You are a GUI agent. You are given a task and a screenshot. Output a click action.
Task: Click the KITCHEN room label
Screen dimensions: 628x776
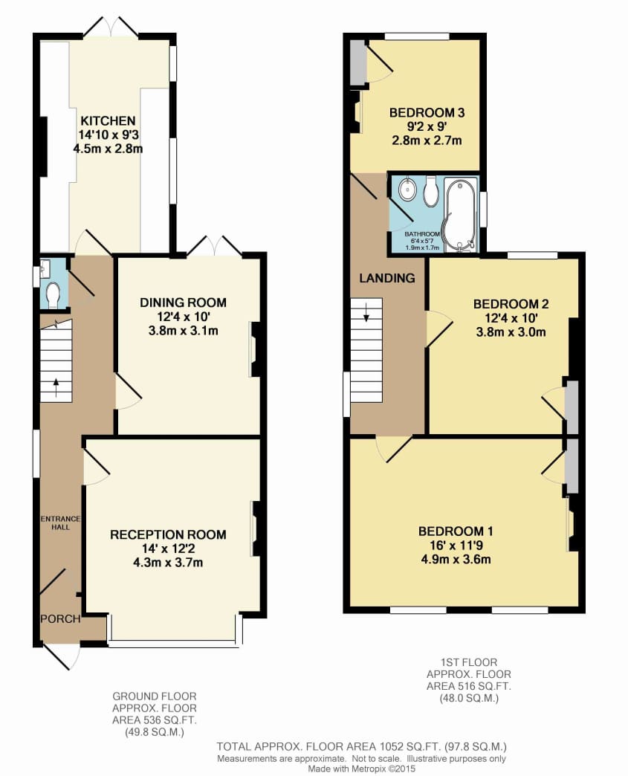click(108, 120)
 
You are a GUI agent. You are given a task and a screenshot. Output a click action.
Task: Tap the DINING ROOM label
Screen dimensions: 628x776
click(183, 303)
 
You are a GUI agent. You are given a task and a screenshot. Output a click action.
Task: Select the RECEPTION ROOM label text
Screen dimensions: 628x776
click(168, 534)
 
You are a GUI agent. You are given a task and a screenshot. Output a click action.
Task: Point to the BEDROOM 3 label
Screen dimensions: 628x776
click(427, 113)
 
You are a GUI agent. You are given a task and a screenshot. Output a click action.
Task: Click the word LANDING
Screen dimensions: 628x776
click(387, 278)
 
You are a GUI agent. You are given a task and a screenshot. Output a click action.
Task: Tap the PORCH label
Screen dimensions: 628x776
click(60, 618)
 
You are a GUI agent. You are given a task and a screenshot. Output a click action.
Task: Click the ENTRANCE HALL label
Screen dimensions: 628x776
click(60, 523)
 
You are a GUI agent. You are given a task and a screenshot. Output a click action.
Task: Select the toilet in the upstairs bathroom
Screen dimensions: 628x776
click(430, 191)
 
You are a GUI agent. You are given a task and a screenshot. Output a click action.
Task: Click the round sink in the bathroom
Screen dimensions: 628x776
click(409, 190)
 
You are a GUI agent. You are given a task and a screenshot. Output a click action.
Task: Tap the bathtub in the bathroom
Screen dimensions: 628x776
click(462, 215)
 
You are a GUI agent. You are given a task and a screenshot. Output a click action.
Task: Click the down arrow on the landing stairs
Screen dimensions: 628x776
click(366, 313)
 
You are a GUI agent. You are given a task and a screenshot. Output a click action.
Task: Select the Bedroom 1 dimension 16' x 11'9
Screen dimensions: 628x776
click(456, 546)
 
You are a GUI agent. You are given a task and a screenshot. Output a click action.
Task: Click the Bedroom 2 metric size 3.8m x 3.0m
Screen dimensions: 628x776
click(511, 332)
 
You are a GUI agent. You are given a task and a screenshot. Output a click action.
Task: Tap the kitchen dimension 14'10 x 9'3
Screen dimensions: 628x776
click(108, 135)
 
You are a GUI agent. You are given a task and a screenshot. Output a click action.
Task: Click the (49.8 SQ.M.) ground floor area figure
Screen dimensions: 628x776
click(155, 732)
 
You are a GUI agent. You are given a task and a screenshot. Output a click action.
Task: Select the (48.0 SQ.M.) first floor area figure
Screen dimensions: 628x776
click(469, 698)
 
